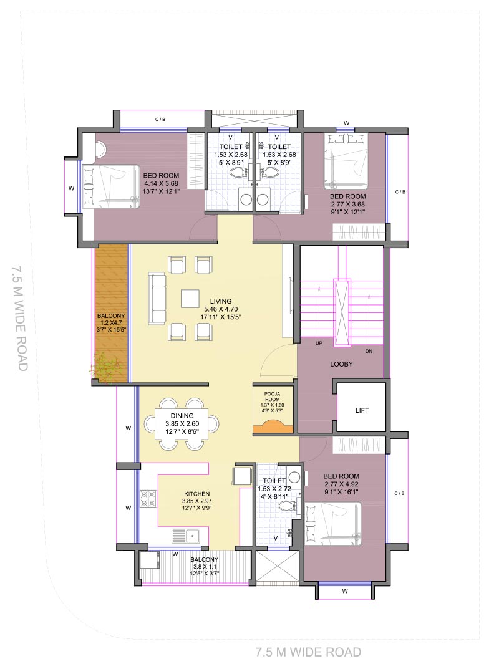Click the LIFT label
(x=362, y=410)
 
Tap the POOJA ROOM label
(x=273, y=397)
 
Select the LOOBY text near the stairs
(x=341, y=364)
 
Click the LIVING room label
(x=221, y=301)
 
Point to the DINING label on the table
(x=182, y=416)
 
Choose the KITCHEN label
(x=196, y=494)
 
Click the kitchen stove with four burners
(x=148, y=499)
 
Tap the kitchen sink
(x=186, y=536)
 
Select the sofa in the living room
(x=157, y=299)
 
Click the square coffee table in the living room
(x=190, y=299)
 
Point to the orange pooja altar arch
(x=273, y=426)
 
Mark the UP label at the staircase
(x=319, y=343)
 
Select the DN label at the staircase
(x=369, y=351)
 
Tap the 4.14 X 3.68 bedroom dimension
(x=161, y=183)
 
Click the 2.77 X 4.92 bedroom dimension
(x=341, y=484)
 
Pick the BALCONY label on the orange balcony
(x=111, y=315)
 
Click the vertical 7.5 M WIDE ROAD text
(x=19, y=318)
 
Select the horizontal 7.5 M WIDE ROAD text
(x=308, y=652)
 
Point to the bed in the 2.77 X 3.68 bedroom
(x=346, y=161)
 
